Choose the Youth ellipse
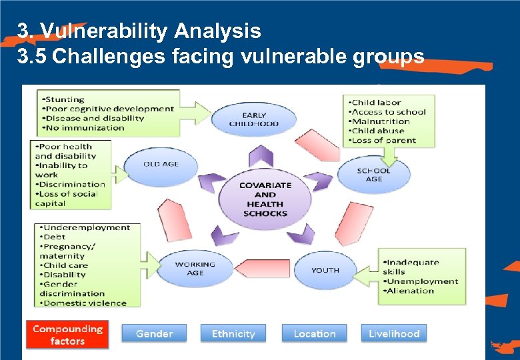[325, 270]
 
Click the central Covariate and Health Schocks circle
[265, 199]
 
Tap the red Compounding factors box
[67, 335]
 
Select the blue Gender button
[154, 333]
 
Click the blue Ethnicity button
[233, 333]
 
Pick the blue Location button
[315, 333]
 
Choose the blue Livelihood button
[394, 333]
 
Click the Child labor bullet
[376, 102]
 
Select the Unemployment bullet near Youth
[421, 281]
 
